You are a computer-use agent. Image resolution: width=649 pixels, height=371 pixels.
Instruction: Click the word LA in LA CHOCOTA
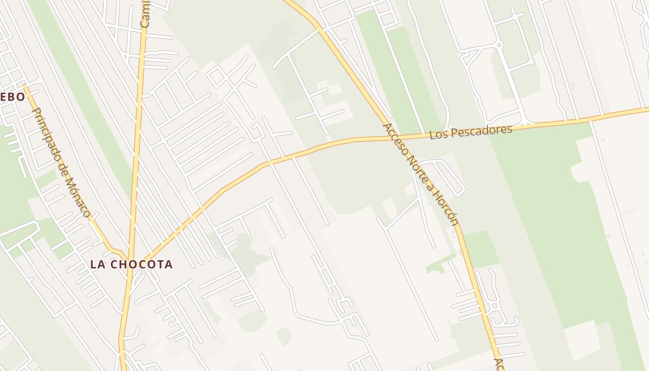coord(97,264)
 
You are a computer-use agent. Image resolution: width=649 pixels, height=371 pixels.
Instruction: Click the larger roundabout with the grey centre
coord(499,45)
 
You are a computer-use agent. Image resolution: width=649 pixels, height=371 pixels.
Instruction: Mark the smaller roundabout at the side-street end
coord(531,62)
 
